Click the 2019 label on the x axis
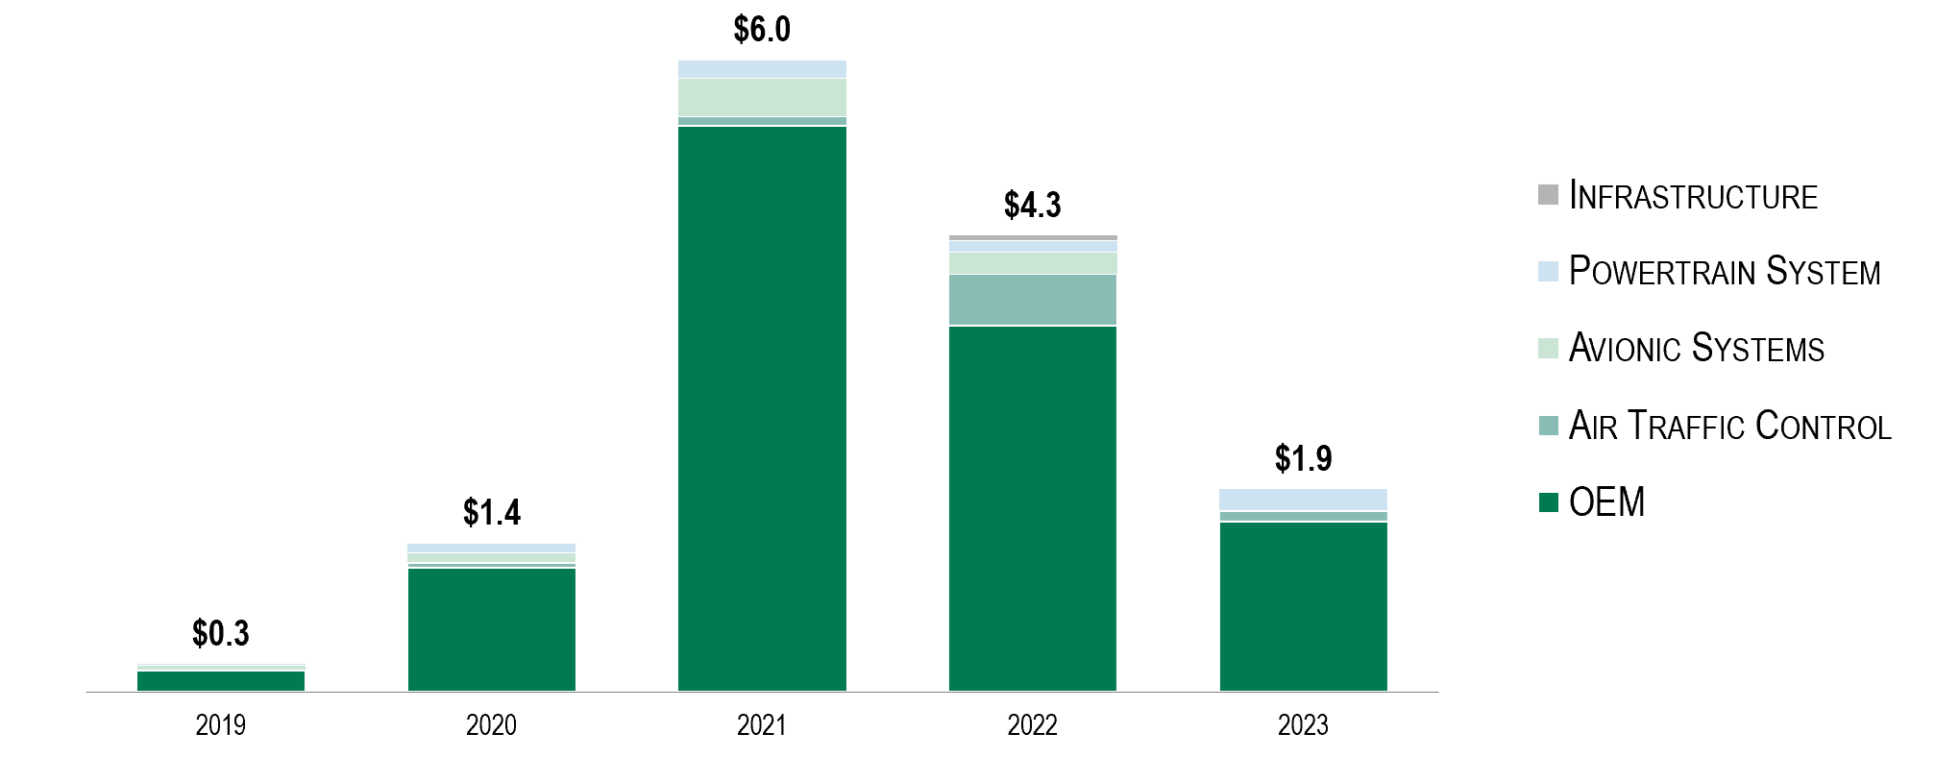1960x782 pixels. coord(220,725)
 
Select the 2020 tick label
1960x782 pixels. coord(491,725)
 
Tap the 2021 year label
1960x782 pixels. coord(762,725)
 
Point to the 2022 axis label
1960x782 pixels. coord(1032,725)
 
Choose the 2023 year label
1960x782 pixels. coord(1303,725)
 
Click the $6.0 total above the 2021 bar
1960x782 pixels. coord(762,30)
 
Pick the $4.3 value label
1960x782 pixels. coord(1032,206)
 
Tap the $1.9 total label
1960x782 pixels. coord(1303,459)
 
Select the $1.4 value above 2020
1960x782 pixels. coord(491,513)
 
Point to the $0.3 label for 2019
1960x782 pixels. coord(220,634)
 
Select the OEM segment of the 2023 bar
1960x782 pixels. coord(1303,606)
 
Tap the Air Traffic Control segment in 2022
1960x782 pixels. coord(1032,300)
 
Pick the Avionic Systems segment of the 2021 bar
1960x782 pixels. coord(762,98)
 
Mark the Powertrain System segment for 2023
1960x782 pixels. coord(1303,500)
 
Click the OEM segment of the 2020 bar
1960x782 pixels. coord(491,629)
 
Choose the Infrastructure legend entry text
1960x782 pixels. coord(1693,196)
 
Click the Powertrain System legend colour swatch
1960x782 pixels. coord(1548,272)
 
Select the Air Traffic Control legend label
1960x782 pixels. coord(1729,426)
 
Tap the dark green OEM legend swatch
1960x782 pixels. coord(1548,502)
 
